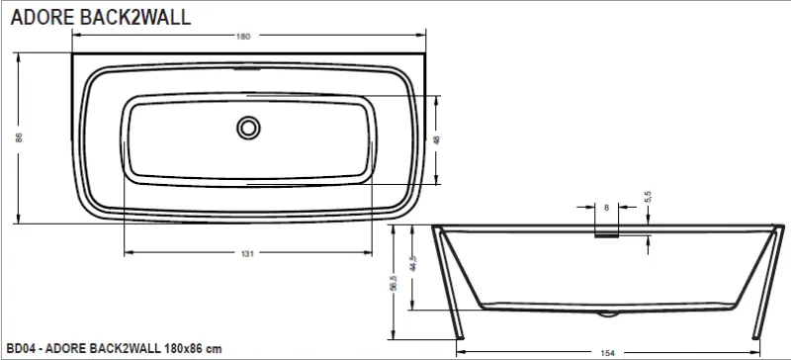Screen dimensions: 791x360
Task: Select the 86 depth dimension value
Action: tap(19, 137)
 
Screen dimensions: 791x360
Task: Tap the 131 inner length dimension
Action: tap(247, 253)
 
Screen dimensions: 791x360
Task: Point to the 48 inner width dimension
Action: tap(437, 139)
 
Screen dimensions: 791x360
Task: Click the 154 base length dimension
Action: tap(609, 353)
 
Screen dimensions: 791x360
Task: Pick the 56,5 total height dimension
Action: tap(395, 283)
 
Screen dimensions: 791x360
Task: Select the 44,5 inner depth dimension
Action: tap(413, 263)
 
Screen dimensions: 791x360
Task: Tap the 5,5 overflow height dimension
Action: tap(649, 197)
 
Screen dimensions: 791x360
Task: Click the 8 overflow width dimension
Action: tap(606, 207)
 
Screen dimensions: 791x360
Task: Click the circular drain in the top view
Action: tap(248, 128)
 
